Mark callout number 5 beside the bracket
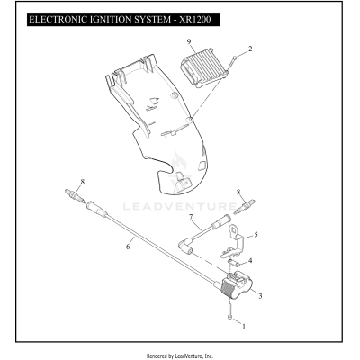pos(256,235)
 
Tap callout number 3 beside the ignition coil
pos(259,295)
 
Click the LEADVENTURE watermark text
pos(180,204)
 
